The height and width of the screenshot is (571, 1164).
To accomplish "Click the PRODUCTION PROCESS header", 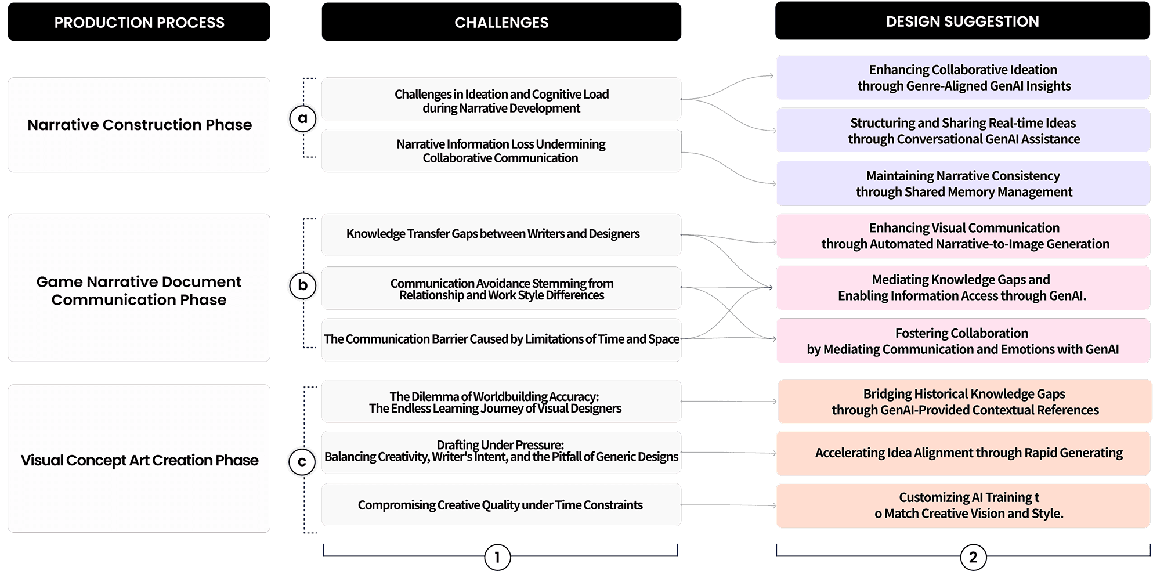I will tap(139, 22).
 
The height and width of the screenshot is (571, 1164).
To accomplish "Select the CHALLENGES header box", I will tap(501, 22).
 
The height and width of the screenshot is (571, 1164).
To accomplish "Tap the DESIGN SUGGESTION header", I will tap(962, 21).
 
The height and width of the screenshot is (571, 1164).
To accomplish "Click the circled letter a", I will tap(302, 118).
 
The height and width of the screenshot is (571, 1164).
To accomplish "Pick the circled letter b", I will tap(302, 285).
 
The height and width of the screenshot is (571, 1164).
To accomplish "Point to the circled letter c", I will tap(302, 462).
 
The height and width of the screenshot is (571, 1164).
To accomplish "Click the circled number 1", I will tap(497, 558).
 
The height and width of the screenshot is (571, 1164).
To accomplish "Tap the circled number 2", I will tap(973, 558).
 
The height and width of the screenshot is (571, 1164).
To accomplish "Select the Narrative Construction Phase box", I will tap(139, 125).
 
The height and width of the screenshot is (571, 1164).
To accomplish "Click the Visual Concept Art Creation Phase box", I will tap(139, 460).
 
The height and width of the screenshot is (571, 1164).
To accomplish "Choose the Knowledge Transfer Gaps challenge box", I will tap(501, 234).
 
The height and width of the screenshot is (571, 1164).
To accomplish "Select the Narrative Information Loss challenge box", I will tap(501, 151).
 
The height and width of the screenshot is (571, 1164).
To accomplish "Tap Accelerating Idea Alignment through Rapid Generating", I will tap(963, 453).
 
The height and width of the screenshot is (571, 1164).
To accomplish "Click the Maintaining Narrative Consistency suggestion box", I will tap(963, 183).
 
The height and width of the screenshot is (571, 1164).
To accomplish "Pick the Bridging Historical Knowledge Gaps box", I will tap(964, 402).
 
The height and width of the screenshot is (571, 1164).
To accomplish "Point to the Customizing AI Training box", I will tap(963, 505).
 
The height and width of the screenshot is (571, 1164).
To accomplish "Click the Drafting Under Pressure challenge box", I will tap(501, 451).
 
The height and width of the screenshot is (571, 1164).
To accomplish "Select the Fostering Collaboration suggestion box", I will tap(963, 341).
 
